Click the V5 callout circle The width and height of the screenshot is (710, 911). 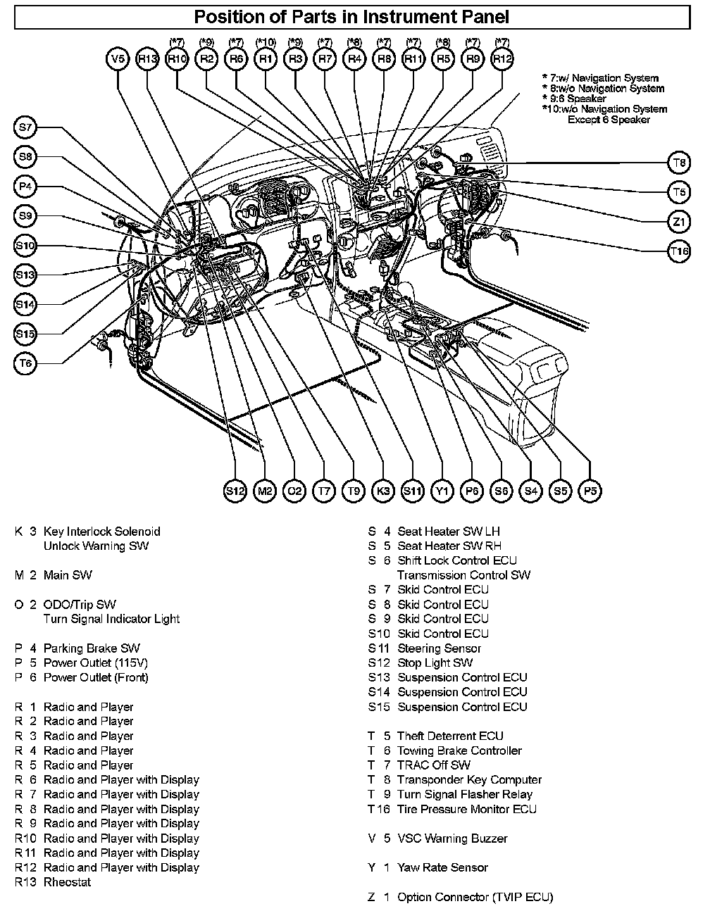pyautogui.click(x=118, y=60)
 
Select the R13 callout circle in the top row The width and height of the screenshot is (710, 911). pyautogui.click(x=147, y=60)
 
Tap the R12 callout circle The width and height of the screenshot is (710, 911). pyautogui.click(x=502, y=60)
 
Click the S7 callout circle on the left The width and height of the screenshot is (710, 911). pyautogui.click(x=25, y=127)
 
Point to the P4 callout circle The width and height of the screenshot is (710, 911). pyautogui.click(x=25, y=187)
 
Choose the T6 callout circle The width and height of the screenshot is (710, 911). pyautogui.click(x=25, y=363)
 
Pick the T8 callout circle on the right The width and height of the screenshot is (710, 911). pyautogui.click(x=679, y=163)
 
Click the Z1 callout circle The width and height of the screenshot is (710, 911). pyautogui.click(x=679, y=222)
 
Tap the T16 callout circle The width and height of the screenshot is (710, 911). pyautogui.click(x=679, y=251)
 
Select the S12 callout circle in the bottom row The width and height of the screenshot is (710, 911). pyautogui.click(x=235, y=491)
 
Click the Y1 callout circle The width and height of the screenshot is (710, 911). pyautogui.click(x=442, y=491)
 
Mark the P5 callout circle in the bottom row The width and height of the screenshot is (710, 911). pyautogui.click(x=590, y=491)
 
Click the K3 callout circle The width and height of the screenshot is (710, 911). pyautogui.click(x=382, y=491)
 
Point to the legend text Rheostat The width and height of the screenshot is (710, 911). pyautogui.click(x=67, y=882)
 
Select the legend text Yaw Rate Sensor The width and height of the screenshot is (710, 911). pyautogui.click(x=442, y=867)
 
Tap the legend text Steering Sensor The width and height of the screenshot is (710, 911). pyautogui.click(x=439, y=648)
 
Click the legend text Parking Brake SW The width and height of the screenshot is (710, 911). pyautogui.click(x=92, y=648)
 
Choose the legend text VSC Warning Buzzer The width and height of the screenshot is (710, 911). pyautogui.click(x=452, y=838)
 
